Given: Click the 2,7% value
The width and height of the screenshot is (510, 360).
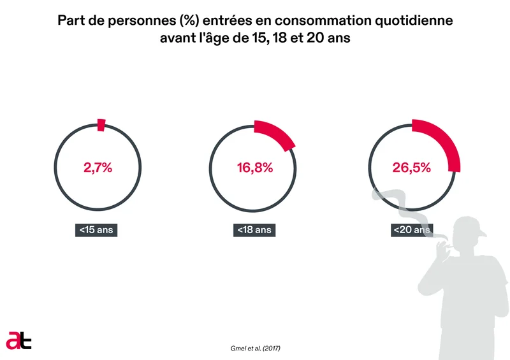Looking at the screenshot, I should pos(98,168).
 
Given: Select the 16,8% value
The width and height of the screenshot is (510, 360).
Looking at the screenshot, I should pos(254,168).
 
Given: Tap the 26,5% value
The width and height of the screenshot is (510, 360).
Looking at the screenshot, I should pos(412,168).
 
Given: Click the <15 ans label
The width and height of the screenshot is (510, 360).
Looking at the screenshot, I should pos(97,230).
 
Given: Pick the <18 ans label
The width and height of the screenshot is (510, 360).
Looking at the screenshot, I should pos(254,230).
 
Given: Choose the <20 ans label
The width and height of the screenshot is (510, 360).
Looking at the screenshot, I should pos(412,230).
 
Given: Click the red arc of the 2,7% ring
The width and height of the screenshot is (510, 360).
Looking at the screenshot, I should pos(101,125).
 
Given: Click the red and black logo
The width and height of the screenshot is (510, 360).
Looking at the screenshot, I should pos(18,340).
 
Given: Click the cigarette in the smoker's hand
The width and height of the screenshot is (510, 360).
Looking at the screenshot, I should pos(436,240).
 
